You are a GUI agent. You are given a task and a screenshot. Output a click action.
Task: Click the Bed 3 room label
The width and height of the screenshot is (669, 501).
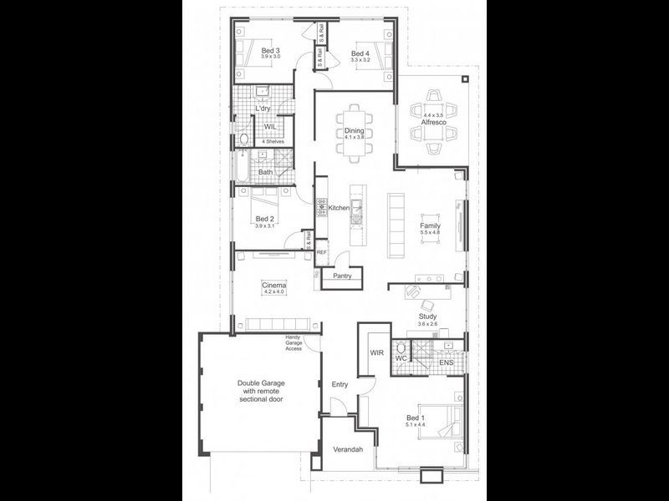point(269,49)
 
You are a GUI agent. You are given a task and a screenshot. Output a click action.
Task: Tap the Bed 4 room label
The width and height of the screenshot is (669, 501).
point(360,53)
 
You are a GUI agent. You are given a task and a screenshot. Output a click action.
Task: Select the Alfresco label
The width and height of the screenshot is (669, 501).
point(433,123)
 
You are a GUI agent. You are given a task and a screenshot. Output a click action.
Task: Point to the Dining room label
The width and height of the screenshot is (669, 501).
point(355,130)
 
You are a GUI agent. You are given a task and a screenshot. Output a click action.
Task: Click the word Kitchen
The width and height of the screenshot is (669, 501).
point(338,207)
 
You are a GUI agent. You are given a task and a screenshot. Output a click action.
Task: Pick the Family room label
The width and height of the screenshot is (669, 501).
point(430,225)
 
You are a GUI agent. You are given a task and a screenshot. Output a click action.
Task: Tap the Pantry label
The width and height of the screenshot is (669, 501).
point(342,276)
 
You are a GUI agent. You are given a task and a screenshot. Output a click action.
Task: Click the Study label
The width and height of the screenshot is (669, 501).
point(427,316)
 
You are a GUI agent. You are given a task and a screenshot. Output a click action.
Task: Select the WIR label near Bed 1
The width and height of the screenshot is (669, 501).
point(376,353)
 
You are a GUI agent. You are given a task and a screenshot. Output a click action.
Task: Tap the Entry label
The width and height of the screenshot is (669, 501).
point(340,384)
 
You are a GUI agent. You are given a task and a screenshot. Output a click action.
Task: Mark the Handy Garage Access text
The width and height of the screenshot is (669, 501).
point(293,342)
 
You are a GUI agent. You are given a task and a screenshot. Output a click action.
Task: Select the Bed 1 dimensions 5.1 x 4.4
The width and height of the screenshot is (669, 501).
point(416,425)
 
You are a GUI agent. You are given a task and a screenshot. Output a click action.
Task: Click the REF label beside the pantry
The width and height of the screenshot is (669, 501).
point(321,252)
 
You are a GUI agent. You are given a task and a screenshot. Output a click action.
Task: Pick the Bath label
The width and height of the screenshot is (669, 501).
point(265,173)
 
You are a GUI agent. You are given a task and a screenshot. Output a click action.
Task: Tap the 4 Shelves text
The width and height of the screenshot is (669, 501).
point(273,142)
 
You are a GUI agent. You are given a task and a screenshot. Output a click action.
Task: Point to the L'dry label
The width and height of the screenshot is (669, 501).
point(263,109)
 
